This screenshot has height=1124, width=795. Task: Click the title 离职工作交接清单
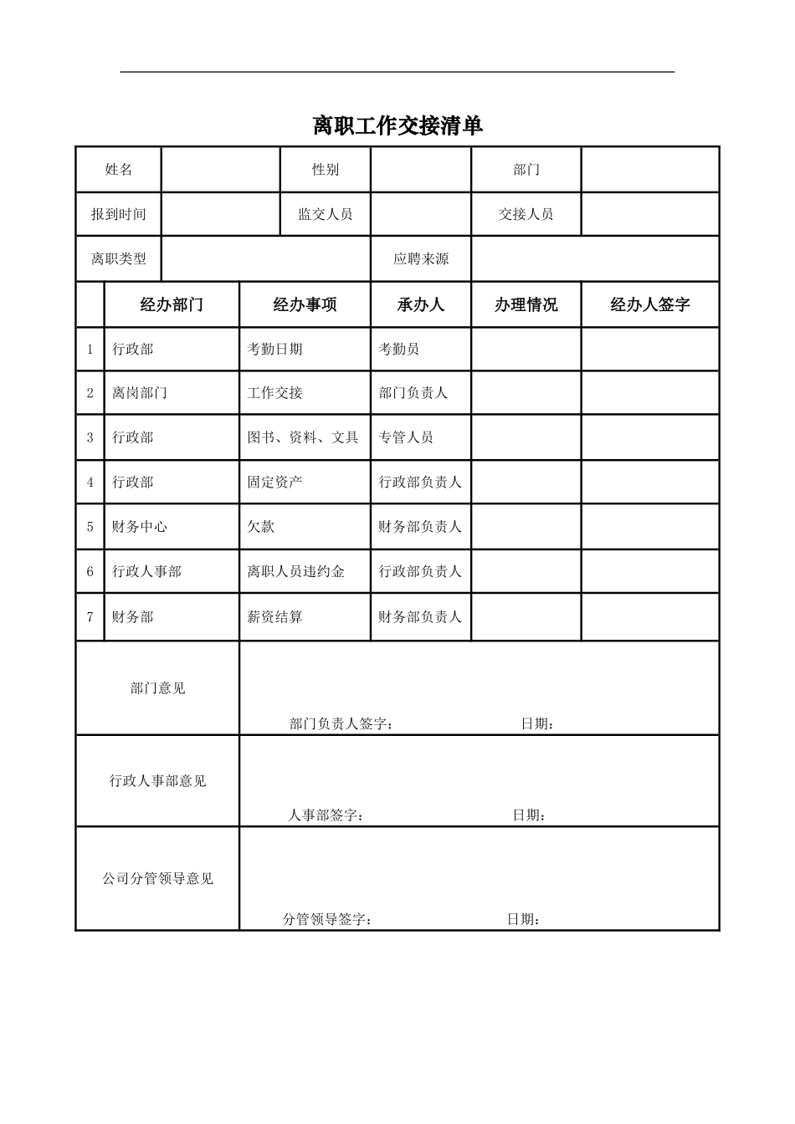(x=397, y=126)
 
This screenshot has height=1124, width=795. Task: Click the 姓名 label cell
(x=119, y=170)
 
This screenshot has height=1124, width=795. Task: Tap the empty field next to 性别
(x=420, y=170)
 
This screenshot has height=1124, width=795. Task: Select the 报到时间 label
(x=119, y=214)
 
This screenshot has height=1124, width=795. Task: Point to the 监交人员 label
(x=325, y=214)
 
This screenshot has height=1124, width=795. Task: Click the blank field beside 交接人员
(x=649, y=214)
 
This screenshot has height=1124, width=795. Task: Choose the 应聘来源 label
(x=421, y=259)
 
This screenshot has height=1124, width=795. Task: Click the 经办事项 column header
(x=305, y=304)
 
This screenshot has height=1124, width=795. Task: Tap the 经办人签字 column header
(x=649, y=304)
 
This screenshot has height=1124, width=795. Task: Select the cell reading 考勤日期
(x=274, y=349)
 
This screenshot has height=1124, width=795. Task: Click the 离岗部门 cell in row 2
(x=140, y=393)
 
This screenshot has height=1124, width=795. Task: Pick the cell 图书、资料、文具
(x=302, y=437)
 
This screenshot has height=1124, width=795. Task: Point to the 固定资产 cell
(x=274, y=483)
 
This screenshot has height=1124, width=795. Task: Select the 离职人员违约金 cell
(x=295, y=572)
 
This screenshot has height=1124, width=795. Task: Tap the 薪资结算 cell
(x=274, y=617)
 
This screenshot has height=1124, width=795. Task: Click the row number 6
(x=90, y=572)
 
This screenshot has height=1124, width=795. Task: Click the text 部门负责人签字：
(x=341, y=723)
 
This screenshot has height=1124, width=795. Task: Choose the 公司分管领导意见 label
(x=157, y=879)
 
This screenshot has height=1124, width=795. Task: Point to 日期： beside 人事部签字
(x=530, y=815)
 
